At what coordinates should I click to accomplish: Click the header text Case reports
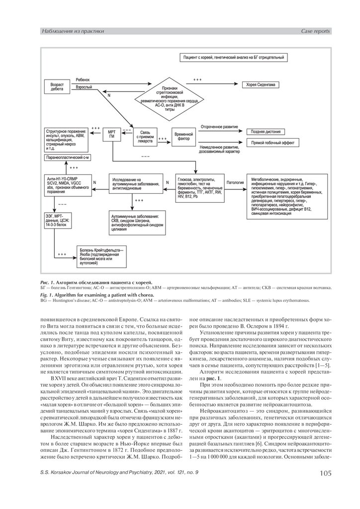click(316, 32)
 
